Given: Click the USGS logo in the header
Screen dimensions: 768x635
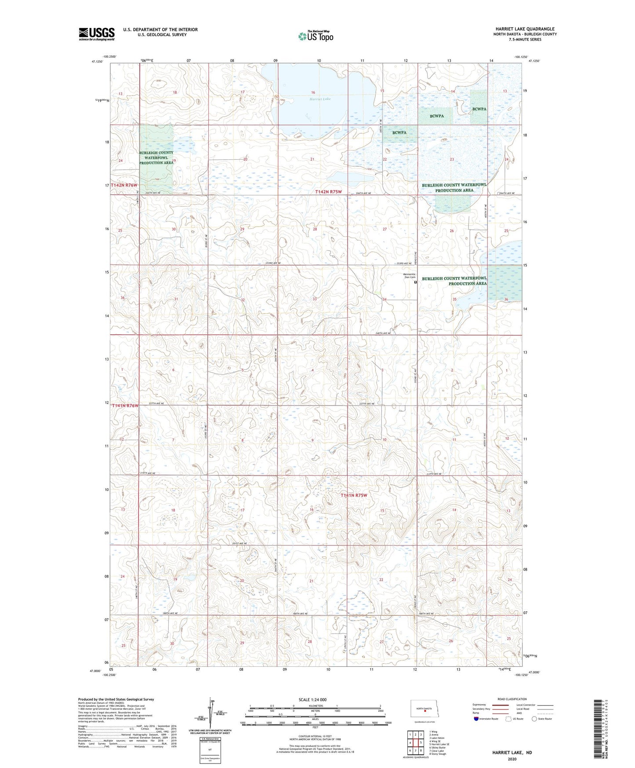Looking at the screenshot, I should pos(96,34).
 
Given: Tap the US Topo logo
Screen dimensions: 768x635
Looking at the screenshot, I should pos(315,36).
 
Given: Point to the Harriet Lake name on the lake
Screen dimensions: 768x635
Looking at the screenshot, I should pos(320,99).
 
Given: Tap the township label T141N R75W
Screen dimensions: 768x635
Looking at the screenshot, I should pos(354,495).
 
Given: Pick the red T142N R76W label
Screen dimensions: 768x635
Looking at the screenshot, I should pos(124,186).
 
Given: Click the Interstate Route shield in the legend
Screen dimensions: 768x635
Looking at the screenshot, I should pos(477,719).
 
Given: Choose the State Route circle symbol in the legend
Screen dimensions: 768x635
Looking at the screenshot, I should pos(534,719).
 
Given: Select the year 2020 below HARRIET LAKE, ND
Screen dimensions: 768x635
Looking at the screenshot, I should pos(512,759).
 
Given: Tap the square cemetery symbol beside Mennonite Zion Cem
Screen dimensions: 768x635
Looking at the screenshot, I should pos(416,283).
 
